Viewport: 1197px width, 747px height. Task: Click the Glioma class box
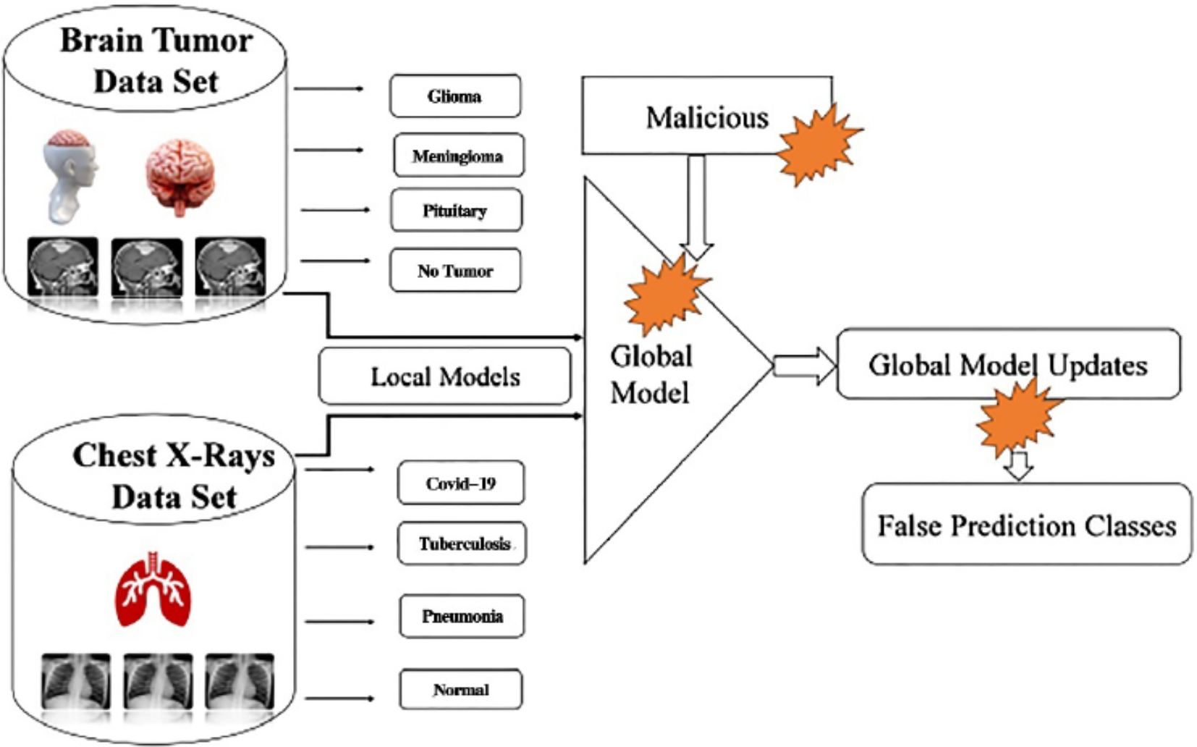click(x=454, y=96)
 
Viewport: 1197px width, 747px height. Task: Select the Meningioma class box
click(x=458, y=155)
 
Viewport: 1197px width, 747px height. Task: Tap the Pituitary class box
click(x=455, y=211)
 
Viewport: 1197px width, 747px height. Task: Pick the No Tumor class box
click(x=454, y=271)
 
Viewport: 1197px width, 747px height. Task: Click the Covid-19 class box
click(x=460, y=483)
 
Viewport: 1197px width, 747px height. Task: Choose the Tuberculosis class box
click(x=462, y=544)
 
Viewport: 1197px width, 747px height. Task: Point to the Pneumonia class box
click(x=462, y=616)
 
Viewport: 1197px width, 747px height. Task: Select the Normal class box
click(x=460, y=689)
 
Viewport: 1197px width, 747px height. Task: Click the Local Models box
click(x=444, y=376)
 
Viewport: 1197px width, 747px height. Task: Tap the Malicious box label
click(x=706, y=117)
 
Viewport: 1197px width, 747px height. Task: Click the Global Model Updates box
click(x=1007, y=364)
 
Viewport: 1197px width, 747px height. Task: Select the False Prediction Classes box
click(x=1026, y=525)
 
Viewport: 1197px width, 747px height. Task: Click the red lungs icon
click(x=153, y=590)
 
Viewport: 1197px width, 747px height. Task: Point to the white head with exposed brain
click(x=69, y=175)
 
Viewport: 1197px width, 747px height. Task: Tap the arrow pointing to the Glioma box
click(x=329, y=88)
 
